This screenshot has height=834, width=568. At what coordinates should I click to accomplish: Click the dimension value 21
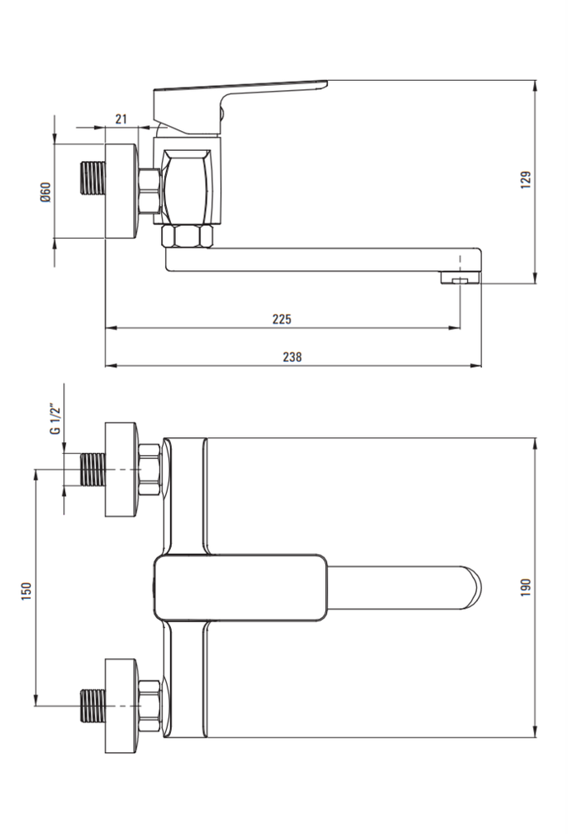pos(121,118)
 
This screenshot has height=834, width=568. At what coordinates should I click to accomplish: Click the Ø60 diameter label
pos(45,192)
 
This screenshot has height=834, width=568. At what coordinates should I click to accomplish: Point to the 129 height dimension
pos(525,180)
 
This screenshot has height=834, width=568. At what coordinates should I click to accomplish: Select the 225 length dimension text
pos(282,319)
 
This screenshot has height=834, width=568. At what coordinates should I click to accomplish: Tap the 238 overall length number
pos(292,357)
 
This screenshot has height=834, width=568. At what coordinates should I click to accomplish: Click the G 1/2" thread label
pos(56,420)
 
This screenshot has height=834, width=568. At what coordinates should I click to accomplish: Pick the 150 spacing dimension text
pos(26,591)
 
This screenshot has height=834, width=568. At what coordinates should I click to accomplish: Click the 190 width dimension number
pos(525,587)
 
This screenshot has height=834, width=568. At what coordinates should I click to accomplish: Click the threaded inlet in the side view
pos(93,178)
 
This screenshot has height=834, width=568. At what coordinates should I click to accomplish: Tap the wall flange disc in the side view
pos(122,191)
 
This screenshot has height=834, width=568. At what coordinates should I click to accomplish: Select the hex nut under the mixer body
pos(187,236)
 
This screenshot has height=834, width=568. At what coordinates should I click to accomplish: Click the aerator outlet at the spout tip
pos(460,278)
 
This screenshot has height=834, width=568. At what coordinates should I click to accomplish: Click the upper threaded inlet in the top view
pos(93,470)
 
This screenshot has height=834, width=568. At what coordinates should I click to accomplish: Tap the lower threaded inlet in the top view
pos(93,706)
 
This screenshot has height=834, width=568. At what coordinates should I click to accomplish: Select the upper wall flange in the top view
pos(122,470)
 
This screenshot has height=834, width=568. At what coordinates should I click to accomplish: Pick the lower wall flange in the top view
pos(122,706)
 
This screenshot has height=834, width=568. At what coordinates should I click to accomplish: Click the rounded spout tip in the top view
pos(472,588)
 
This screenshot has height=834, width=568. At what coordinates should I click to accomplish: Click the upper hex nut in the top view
pos(149,470)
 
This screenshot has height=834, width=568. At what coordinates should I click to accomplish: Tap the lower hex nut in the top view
pos(149,706)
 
